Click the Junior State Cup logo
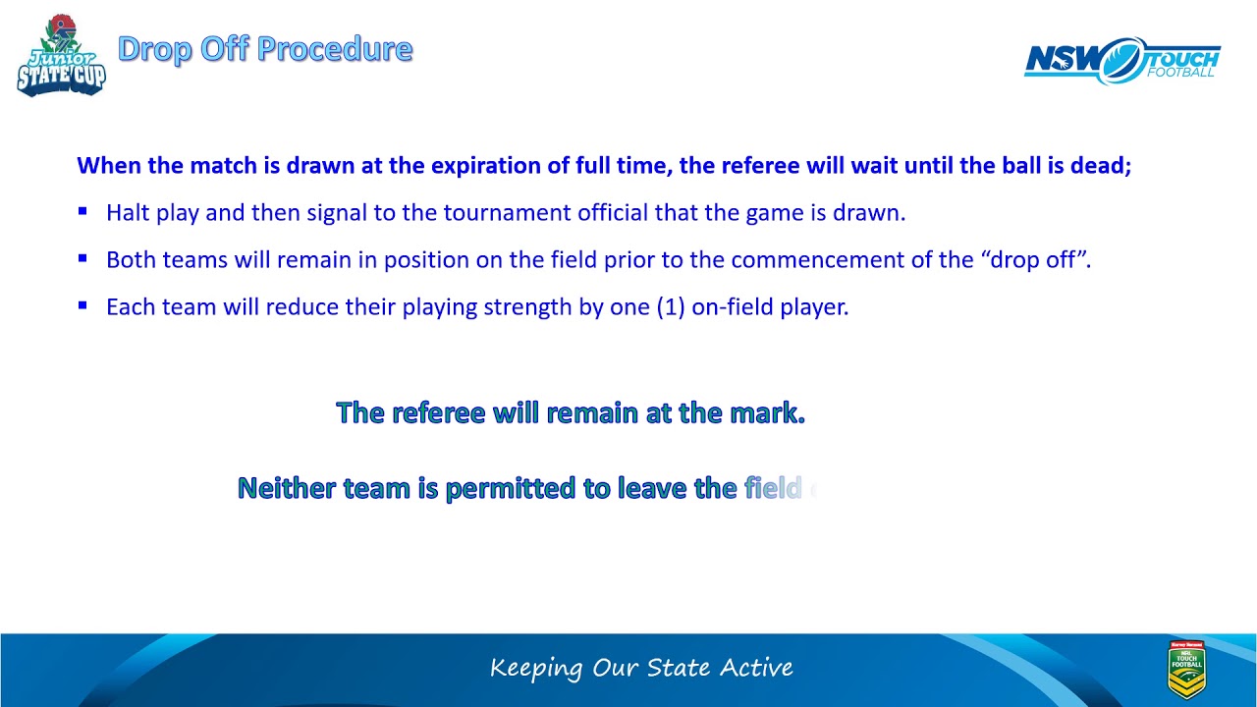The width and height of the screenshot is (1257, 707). point(61,56)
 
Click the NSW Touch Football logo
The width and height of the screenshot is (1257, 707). point(1122,61)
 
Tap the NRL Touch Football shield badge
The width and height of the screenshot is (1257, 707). point(1186,670)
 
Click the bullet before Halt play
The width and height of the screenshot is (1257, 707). point(83,211)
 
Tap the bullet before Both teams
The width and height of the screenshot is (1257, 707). point(83,258)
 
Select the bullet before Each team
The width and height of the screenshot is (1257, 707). point(83,305)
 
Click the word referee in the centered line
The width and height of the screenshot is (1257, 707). point(439,412)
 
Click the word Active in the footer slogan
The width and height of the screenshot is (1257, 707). point(756,669)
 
